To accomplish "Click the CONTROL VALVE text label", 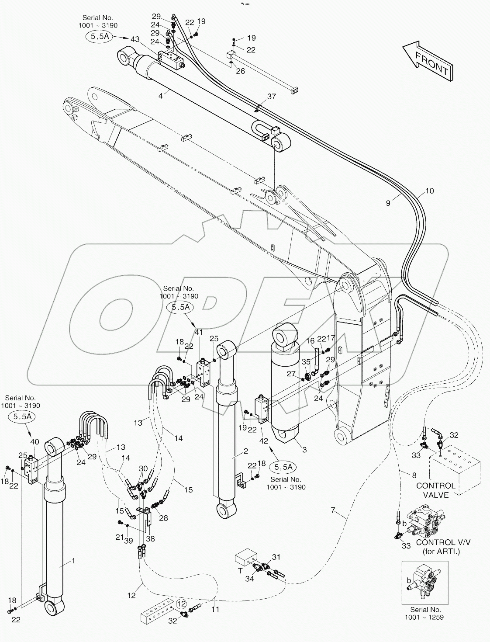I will [x=435, y=490].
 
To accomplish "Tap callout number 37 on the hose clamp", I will [x=271, y=97].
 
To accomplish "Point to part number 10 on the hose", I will [x=429, y=191].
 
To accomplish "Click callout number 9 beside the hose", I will [x=388, y=202].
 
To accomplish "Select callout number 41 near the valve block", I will [x=199, y=332].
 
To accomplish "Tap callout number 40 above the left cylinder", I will [x=35, y=441].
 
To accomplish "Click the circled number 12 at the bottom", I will [x=182, y=604].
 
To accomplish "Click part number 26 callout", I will [x=240, y=71].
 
